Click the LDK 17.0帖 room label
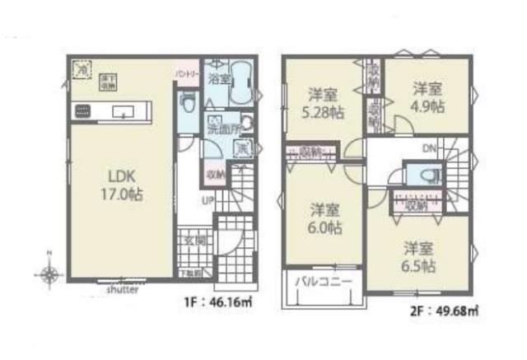click(114, 183)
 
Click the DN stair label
click(430, 148)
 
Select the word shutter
click(123, 290)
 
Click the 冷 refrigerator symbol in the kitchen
click(82, 71)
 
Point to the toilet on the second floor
click(426, 175)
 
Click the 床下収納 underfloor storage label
click(108, 82)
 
